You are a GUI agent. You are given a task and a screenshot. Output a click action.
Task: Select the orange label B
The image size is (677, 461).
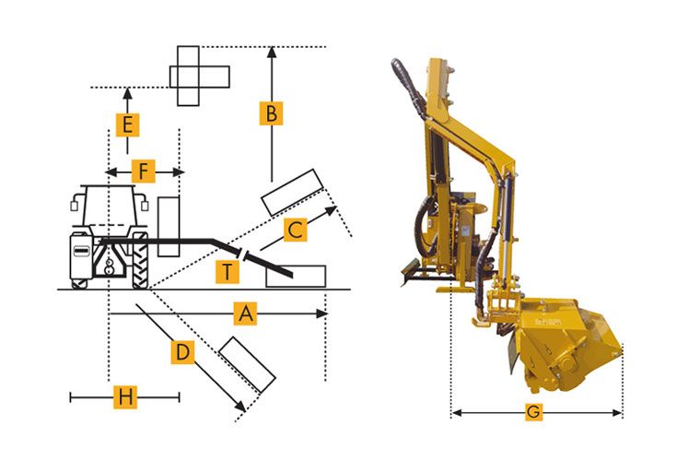(x=271, y=114)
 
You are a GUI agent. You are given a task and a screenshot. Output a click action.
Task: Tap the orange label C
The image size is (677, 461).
(x=294, y=230)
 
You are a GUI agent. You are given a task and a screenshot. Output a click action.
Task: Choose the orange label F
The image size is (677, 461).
(x=143, y=171)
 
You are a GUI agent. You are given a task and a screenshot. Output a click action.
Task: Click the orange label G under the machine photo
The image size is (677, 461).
(x=533, y=412)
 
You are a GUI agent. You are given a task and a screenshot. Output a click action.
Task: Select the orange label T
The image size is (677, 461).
(x=227, y=271)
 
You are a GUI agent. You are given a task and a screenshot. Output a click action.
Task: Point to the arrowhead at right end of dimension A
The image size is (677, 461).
(x=322, y=313)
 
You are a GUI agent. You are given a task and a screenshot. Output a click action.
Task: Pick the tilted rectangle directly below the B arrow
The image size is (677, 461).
(x=289, y=193)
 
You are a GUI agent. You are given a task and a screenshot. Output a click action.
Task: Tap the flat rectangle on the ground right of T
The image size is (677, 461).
(x=296, y=275)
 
